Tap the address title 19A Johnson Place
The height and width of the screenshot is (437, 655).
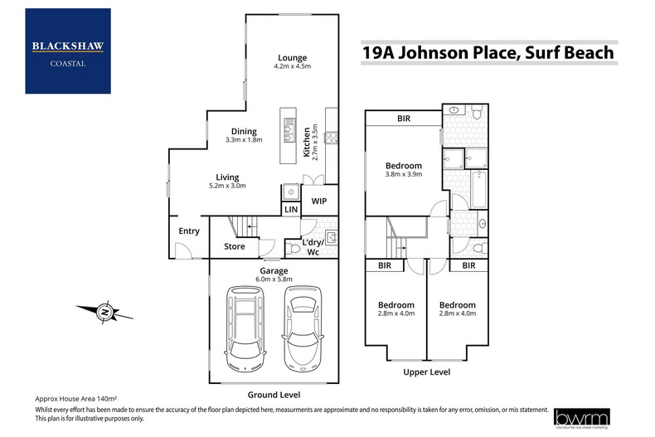[x=488, y=53]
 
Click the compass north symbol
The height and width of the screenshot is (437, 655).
[x=104, y=313]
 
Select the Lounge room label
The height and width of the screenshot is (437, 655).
[x=292, y=58]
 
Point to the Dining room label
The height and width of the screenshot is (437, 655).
[x=244, y=131]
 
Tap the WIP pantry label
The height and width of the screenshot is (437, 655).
[x=319, y=201]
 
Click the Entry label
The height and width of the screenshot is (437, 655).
[x=189, y=231]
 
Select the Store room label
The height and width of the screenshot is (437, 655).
[x=234, y=246]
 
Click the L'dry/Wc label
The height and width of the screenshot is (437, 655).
[x=318, y=246]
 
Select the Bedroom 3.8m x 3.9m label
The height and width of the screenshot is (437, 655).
[x=405, y=170]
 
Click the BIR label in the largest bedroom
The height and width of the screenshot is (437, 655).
[x=404, y=119]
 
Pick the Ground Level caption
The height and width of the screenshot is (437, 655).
[x=273, y=395]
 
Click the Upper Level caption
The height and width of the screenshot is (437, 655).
[x=427, y=372]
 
